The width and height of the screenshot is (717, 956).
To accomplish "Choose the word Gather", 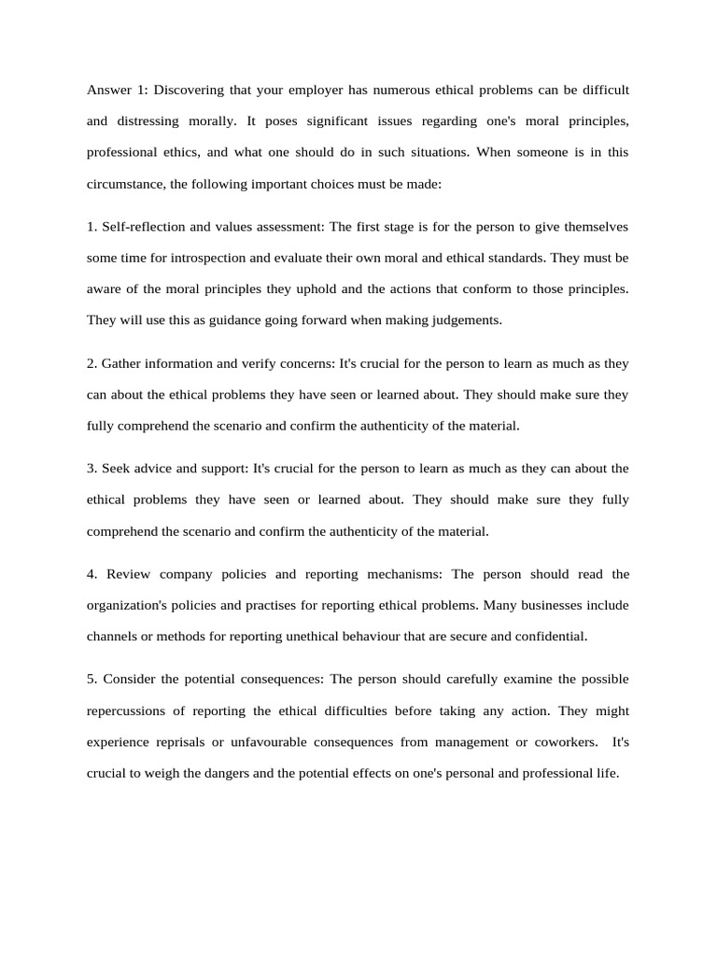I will coord(122,362).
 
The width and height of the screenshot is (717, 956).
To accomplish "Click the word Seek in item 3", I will coord(117,468).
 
